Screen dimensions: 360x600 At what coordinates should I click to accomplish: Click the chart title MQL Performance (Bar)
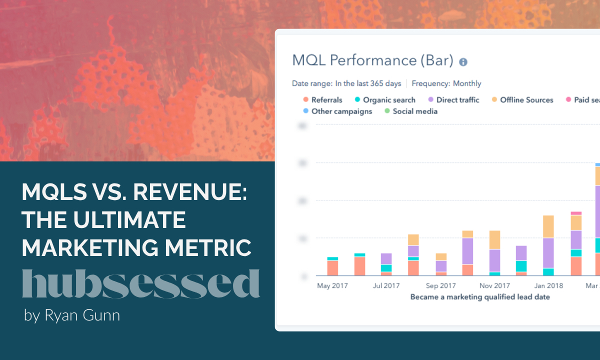pos(372,61)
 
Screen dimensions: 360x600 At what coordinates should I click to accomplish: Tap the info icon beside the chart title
pos(463,62)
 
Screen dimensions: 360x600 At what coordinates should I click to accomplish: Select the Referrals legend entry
pos(322,100)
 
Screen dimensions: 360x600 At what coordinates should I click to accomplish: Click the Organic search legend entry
pos(384,100)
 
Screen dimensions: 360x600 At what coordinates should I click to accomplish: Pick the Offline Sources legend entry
pos(522,100)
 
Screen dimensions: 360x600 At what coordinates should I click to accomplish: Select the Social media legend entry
pos(410,111)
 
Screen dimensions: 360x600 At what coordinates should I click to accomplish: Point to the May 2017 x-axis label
pos(332,286)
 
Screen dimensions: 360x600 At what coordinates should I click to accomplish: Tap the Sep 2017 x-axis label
pos(441,286)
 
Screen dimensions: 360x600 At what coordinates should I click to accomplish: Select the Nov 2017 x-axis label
pos(494,286)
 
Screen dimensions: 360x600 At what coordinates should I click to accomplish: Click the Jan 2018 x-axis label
pos(548,286)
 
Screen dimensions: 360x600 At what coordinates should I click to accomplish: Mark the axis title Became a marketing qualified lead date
pos(480,297)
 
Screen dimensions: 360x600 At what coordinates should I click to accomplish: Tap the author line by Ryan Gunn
pos(72,315)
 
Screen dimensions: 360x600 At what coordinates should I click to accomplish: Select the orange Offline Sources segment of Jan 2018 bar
pos(548,226)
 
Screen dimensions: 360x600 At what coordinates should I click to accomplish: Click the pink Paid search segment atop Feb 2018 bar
pos(576,213)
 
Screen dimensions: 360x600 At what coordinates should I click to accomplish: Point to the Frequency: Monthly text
pos(446,83)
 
